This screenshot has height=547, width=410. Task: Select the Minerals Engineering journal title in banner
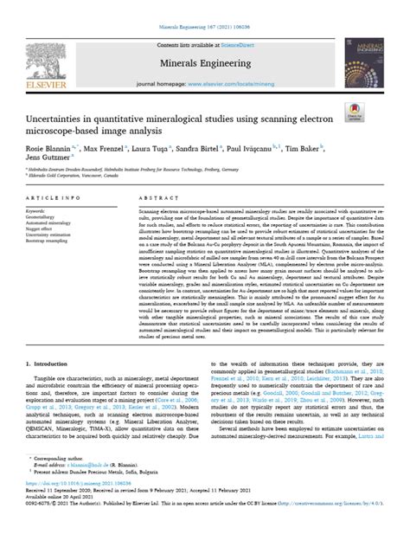[203, 61]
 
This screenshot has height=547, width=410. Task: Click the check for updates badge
[354, 113]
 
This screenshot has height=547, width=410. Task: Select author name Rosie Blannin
[54, 149]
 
